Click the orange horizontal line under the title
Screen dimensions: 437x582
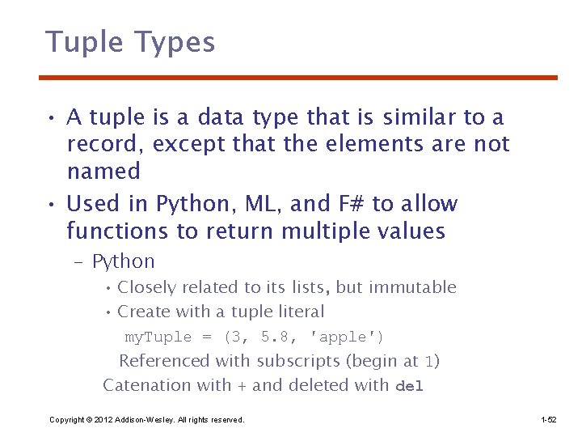tap(298, 78)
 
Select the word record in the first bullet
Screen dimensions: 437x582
tap(106, 145)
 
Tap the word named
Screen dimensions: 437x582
tap(103, 172)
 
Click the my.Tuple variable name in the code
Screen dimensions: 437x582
tap(158, 337)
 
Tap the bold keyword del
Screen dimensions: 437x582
tap(410, 386)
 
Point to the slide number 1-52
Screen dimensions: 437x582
tap(549, 420)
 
